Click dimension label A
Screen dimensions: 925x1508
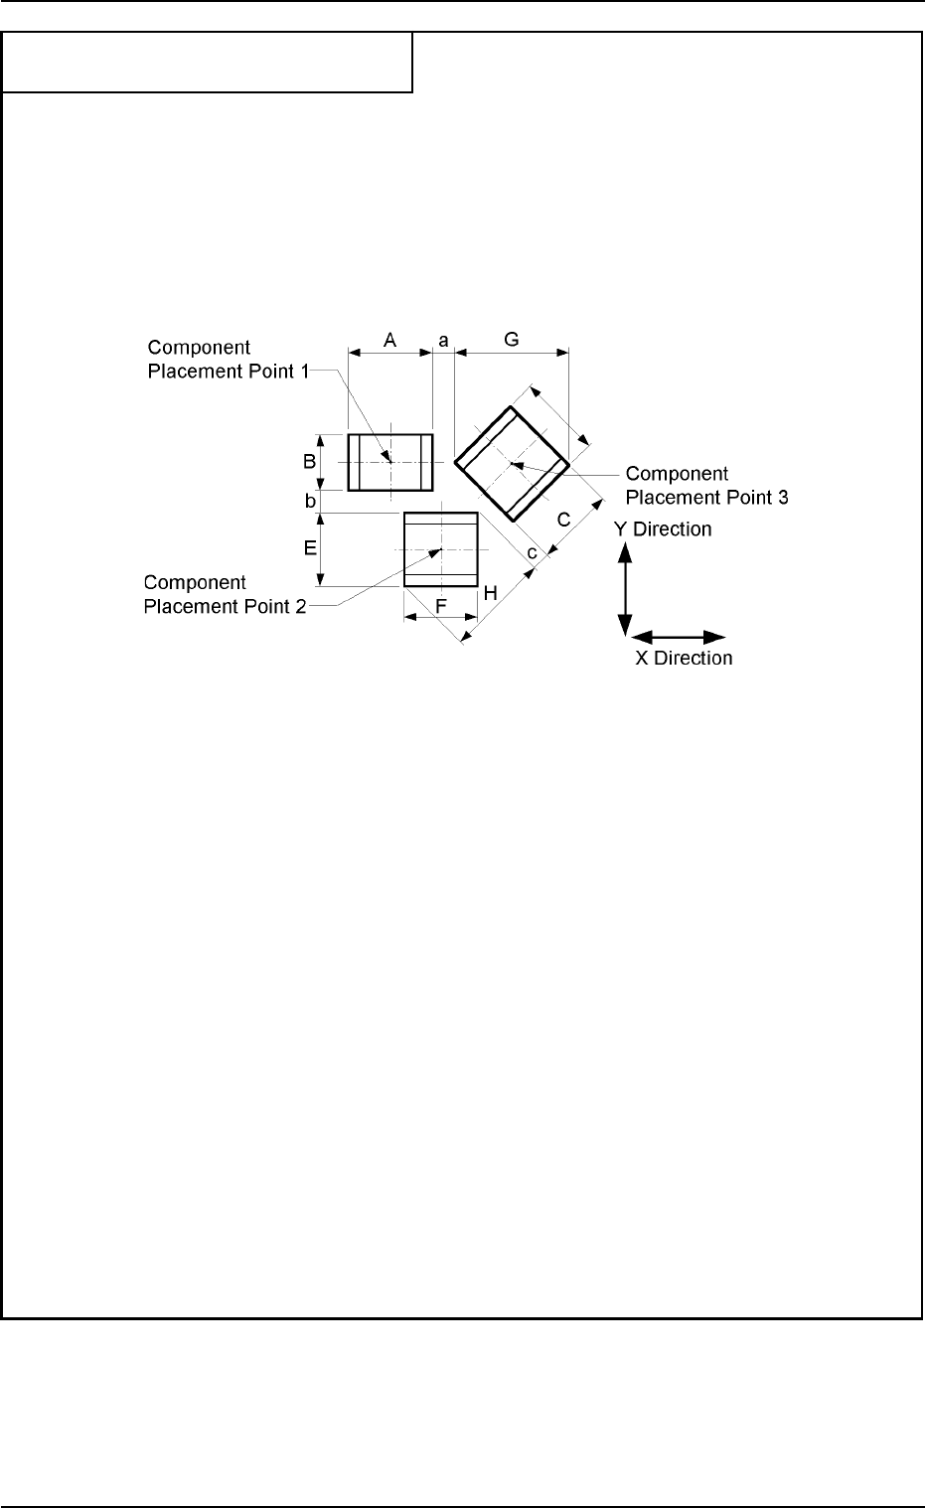coord(390,340)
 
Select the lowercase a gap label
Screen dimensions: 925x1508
coord(444,340)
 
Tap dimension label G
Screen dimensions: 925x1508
coord(512,340)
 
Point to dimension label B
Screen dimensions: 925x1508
coord(310,461)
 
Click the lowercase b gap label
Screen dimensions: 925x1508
coord(310,502)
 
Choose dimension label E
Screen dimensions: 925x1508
coord(310,547)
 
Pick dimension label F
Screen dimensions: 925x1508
coord(441,605)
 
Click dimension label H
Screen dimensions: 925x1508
coord(490,593)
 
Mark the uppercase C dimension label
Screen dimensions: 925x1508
coord(563,519)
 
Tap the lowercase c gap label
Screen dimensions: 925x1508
coord(532,551)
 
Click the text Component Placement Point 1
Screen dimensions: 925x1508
coord(228,360)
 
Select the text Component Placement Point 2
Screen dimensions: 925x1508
coord(225,594)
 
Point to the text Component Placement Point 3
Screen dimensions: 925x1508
coord(706,486)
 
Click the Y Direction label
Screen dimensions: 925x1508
coord(663,528)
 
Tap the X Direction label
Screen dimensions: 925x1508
coord(684,658)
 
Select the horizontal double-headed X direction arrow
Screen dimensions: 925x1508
coord(679,636)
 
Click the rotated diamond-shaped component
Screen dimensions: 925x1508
coord(512,462)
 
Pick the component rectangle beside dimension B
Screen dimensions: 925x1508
coord(390,462)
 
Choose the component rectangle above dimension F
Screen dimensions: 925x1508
coord(441,549)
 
